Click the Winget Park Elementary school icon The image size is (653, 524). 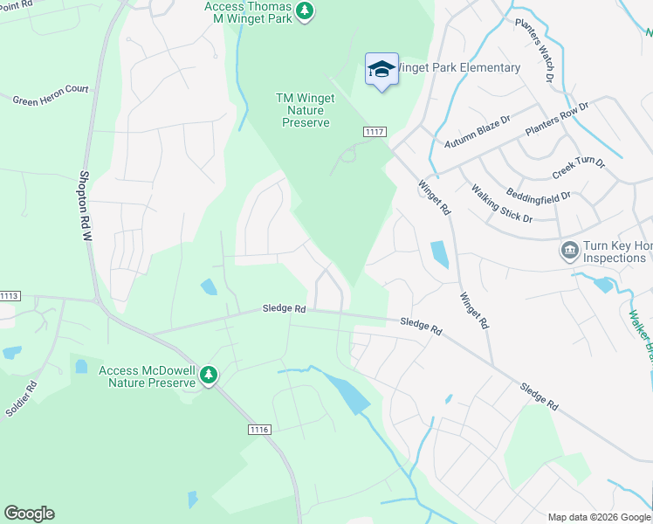[381, 70]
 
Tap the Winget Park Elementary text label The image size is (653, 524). [460, 67]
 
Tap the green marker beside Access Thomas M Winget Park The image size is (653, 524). [304, 11]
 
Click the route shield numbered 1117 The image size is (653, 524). [375, 131]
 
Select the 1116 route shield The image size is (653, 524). [259, 429]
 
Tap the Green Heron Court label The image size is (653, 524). [51, 95]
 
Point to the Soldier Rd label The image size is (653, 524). [21, 398]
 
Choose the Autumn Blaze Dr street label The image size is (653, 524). [476, 131]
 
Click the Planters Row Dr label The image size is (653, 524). [557, 118]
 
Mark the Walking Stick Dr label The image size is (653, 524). [502, 203]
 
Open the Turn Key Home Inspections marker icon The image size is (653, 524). [569, 252]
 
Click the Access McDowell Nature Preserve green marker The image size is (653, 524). [208, 376]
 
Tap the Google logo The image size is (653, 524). [29, 514]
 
